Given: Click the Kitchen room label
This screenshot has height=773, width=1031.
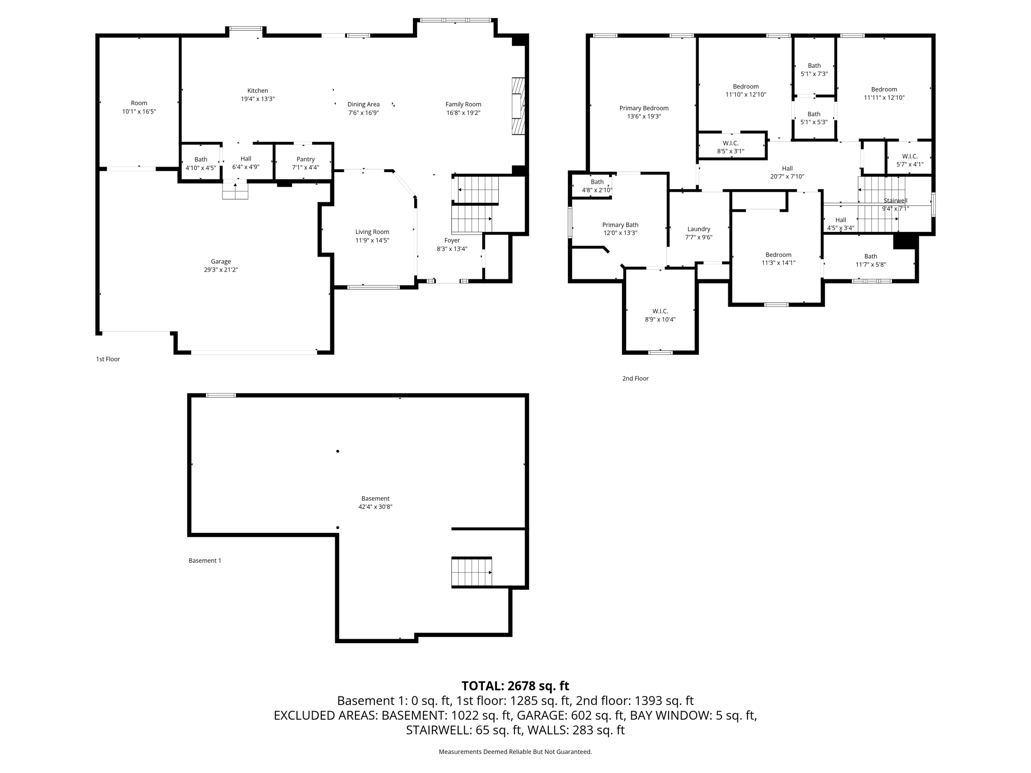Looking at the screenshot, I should (257, 91).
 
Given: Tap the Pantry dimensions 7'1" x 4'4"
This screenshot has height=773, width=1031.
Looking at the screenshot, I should (305, 168).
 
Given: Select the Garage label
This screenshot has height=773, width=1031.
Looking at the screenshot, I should (220, 262).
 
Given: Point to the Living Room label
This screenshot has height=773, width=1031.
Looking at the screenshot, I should (372, 232).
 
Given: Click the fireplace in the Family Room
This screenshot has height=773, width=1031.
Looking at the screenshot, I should (518, 106).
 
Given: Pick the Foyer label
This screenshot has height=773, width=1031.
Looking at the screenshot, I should (452, 241).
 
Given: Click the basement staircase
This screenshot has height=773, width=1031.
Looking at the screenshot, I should (471, 572).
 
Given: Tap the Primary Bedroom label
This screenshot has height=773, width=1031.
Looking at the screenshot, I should (643, 108).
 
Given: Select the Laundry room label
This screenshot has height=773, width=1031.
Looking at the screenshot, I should (698, 229).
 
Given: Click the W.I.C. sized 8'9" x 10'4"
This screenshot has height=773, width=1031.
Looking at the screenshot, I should (659, 315).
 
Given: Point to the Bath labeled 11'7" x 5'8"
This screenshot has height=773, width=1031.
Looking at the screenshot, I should (870, 260).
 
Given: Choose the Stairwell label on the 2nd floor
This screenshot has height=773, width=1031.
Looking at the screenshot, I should (895, 201).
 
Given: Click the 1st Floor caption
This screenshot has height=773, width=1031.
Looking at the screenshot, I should (108, 359).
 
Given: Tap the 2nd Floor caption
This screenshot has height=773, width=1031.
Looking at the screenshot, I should (635, 378).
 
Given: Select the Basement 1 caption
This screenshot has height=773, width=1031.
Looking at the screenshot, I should (205, 561).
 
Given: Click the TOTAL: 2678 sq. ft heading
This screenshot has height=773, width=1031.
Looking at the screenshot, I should (515, 686).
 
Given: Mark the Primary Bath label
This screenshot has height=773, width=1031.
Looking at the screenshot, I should (620, 225).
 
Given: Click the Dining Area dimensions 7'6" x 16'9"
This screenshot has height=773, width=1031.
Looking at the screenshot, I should (363, 113).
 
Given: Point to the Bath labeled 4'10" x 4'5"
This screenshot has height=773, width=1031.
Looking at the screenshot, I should (200, 164).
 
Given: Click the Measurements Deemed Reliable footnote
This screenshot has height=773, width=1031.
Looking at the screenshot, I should (515, 752).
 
